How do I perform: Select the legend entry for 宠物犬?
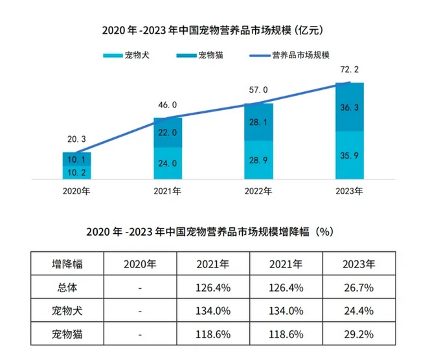pyautogui.click(x=126, y=55)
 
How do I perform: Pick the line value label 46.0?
pyautogui.click(x=168, y=104)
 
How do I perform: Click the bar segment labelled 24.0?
pyautogui.click(x=168, y=163)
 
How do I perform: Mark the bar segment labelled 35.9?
pyautogui.click(x=348, y=155)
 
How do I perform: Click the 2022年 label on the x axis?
pyautogui.click(x=258, y=192)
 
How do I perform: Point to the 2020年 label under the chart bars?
pyautogui.click(x=77, y=192)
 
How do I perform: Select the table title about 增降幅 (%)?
pyautogui.click(x=213, y=231)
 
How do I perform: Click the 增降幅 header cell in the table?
pyautogui.click(x=68, y=264)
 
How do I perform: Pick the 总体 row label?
pyautogui.click(x=68, y=287)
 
